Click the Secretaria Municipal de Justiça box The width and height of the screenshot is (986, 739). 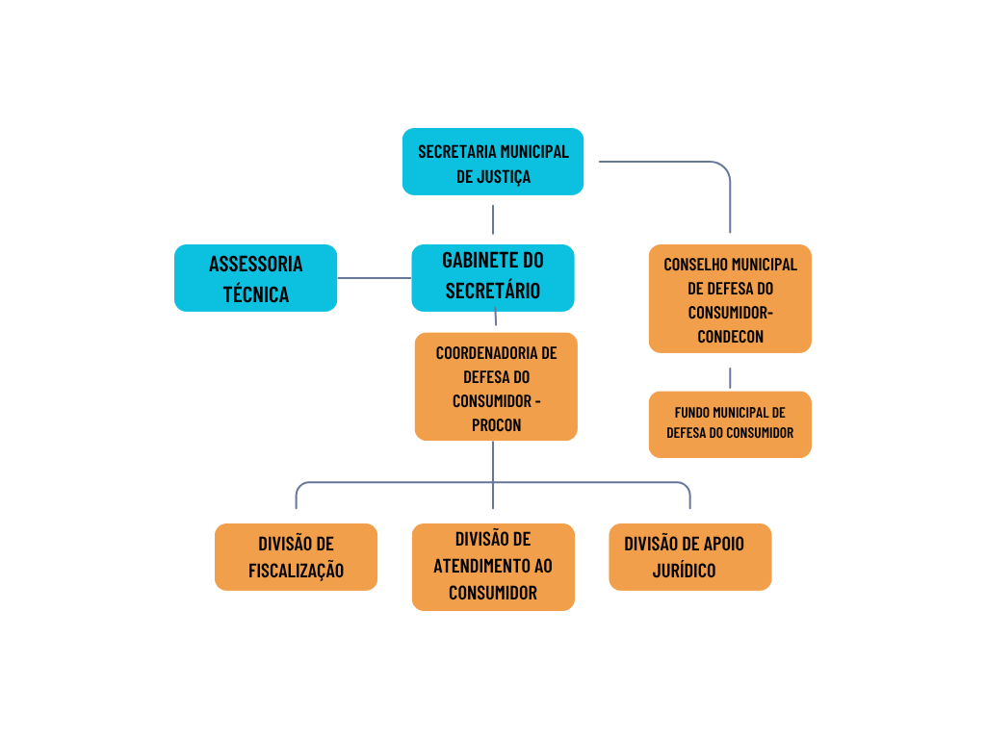[x=492, y=162]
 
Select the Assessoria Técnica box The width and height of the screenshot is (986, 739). [x=255, y=278]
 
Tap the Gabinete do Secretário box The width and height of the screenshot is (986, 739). [x=492, y=277]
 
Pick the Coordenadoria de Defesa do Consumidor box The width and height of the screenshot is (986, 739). [x=496, y=387]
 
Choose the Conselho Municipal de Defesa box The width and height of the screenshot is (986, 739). [x=730, y=298]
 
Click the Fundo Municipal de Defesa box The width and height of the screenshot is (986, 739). [x=730, y=423]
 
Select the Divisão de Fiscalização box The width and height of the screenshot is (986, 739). [x=296, y=556]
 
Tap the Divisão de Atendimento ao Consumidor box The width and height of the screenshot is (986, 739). [x=493, y=567]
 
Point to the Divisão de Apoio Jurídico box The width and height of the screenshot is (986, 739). [x=689, y=556]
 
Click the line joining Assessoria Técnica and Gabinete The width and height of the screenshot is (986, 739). [x=375, y=278]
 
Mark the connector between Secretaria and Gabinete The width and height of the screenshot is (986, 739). [x=493, y=219]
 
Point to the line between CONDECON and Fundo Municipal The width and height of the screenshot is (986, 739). [x=730, y=377]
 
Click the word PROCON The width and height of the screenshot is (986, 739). [x=496, y=424]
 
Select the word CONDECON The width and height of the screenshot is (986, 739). [x=730, y=337]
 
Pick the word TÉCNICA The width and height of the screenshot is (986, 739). [x=256, y=294]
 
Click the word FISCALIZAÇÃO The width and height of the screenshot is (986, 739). [x=296, y=571]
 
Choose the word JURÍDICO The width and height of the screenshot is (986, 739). [x=684, y=571]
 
